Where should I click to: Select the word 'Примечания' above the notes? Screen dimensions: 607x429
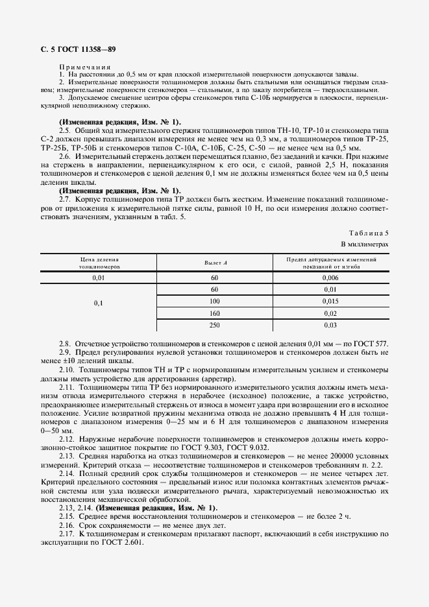coord(84,67)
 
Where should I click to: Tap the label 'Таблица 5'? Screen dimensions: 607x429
coord(369,232)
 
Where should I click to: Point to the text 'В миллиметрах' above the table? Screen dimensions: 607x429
coord(365,244)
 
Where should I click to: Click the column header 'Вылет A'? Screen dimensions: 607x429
coord(214,263)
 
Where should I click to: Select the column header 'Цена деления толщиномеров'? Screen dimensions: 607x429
coord(99,263)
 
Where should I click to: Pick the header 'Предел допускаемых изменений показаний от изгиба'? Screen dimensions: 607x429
coord(330,263)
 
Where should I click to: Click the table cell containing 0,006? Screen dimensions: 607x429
coord(330,277)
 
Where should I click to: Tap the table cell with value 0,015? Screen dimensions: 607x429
coord(330,302)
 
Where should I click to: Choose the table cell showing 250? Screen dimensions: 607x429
coord(214,325)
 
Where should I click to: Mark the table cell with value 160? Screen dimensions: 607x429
coord(214,313)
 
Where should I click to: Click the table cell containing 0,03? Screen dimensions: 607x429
coord(330,325)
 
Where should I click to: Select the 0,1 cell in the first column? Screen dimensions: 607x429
coord(99,302)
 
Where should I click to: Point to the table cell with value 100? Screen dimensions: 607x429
coord(214,302)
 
